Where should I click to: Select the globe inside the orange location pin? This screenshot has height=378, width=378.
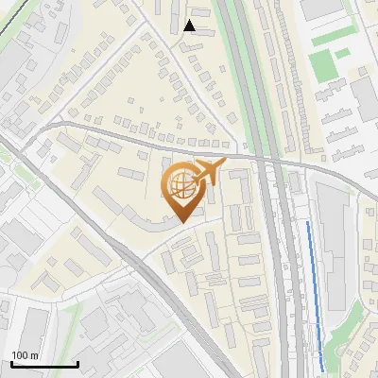[x=180, y=186]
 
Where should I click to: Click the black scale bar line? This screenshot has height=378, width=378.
[x=44, y=365]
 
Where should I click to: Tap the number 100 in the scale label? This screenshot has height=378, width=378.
[x=20, y=355]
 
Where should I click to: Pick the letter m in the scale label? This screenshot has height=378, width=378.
[x=33, y=355]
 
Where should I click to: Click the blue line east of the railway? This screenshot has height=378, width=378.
[x=315, y=293]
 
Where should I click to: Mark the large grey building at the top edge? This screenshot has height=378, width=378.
[x=321, y=9]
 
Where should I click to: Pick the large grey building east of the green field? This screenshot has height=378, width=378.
[x=367, y=94]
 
